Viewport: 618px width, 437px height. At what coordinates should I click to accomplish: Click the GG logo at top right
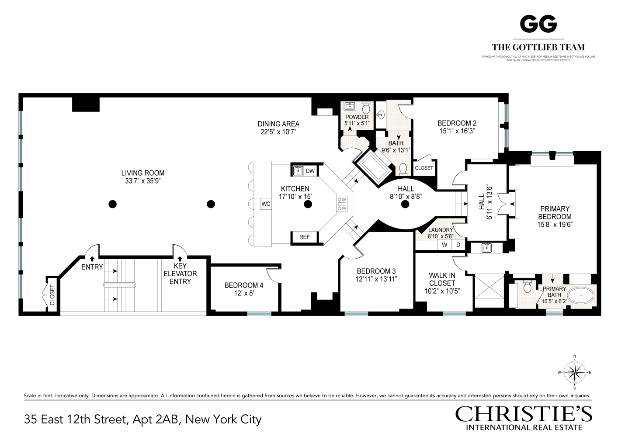tap(538, 24)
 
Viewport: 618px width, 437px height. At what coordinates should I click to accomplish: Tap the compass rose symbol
tap(574, 372)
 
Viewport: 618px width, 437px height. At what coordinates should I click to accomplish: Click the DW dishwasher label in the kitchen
tap(310, 171)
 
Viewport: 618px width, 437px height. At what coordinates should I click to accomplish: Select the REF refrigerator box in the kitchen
tap(304, 237)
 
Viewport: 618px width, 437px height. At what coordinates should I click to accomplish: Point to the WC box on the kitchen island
tap(266, 204)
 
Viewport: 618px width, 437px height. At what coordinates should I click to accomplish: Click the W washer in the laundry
tap(444, 245)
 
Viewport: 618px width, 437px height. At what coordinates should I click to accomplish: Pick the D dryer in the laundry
tap(458, 245)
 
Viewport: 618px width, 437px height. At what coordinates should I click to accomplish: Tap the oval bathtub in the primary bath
tap(580, 295)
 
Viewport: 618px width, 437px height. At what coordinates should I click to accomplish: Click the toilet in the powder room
tap(366, 107)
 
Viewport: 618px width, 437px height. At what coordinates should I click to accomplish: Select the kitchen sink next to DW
tap(298, 170)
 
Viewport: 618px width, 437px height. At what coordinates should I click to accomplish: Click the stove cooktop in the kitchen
tap(342, 204)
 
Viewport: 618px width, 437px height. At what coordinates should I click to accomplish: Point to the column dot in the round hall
tap(405, 204)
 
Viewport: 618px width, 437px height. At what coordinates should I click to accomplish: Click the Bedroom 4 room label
tap(243, 285)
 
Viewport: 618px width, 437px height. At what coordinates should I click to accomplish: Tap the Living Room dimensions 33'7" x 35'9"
tap(143, 181)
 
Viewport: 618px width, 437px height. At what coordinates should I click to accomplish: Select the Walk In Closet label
tap(442, 279)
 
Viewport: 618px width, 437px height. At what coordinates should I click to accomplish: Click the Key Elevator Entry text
tap(180, 274)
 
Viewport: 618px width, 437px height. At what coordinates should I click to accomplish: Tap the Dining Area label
tap(278, 124)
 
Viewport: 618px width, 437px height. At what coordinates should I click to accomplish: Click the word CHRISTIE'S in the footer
tap(524, 413)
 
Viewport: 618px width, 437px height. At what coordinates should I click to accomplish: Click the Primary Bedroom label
tap(555, 213)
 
